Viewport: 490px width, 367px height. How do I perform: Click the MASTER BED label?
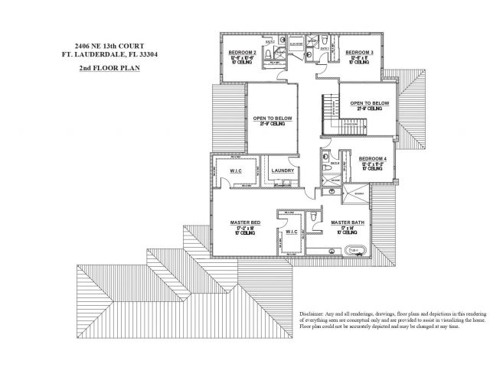click(x=246, y=222)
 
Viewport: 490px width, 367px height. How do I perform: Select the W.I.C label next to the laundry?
click(x=236, y=171)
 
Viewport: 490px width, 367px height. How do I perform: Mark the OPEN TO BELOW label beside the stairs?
click(x=370, y=102)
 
